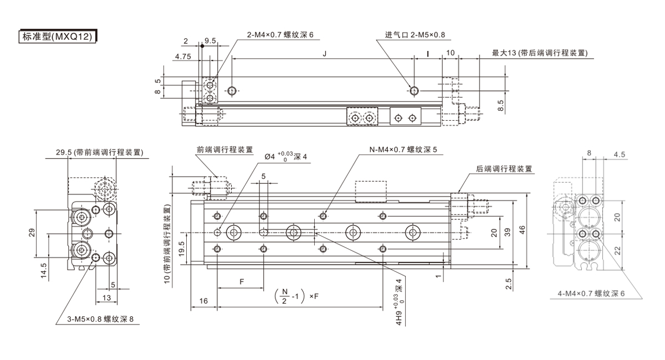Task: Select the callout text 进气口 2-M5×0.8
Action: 415,35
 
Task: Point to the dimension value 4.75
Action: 183,56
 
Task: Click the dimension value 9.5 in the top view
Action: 210,41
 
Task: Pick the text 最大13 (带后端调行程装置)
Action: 540,53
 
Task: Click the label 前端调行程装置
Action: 225,150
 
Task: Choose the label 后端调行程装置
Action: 504,169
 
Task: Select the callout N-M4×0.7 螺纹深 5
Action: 404,150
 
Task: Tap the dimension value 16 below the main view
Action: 203,301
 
